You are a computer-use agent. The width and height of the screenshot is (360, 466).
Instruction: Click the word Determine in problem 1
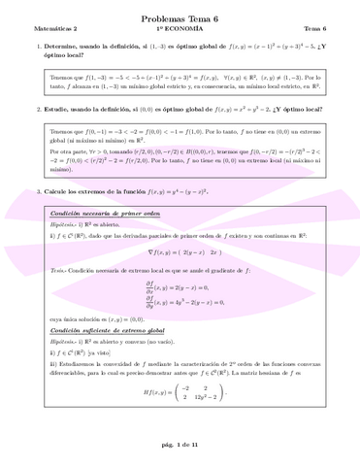pos(59,48)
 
